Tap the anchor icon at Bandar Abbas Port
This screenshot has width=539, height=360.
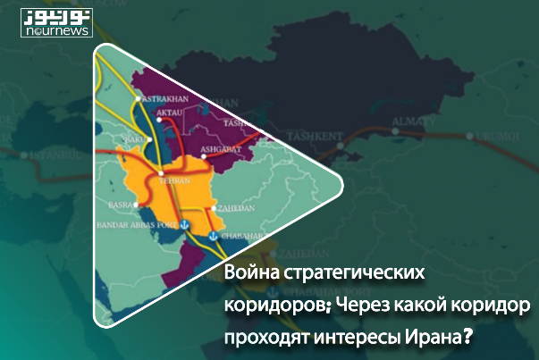click(x=184, y=225)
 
